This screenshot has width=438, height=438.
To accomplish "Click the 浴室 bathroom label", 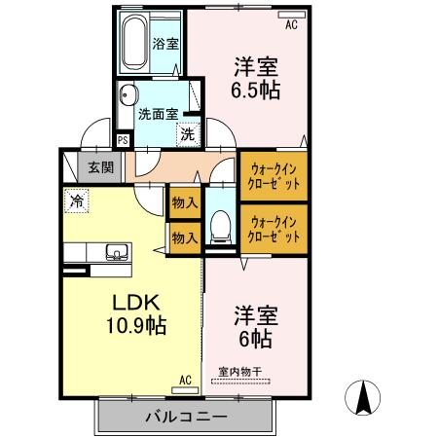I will coord(166,43).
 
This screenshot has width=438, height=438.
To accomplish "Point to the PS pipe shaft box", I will coord(123,139).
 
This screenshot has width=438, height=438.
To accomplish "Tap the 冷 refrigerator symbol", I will coord(76,201).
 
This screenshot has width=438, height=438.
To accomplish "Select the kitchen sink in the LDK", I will coord(115,253).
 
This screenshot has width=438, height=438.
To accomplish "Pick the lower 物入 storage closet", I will coord(184,237).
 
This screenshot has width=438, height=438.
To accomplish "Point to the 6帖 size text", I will coord(256,340).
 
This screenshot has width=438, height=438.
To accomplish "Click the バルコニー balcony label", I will coord(186,418).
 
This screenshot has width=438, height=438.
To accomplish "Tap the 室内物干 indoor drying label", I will coord(240,371).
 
